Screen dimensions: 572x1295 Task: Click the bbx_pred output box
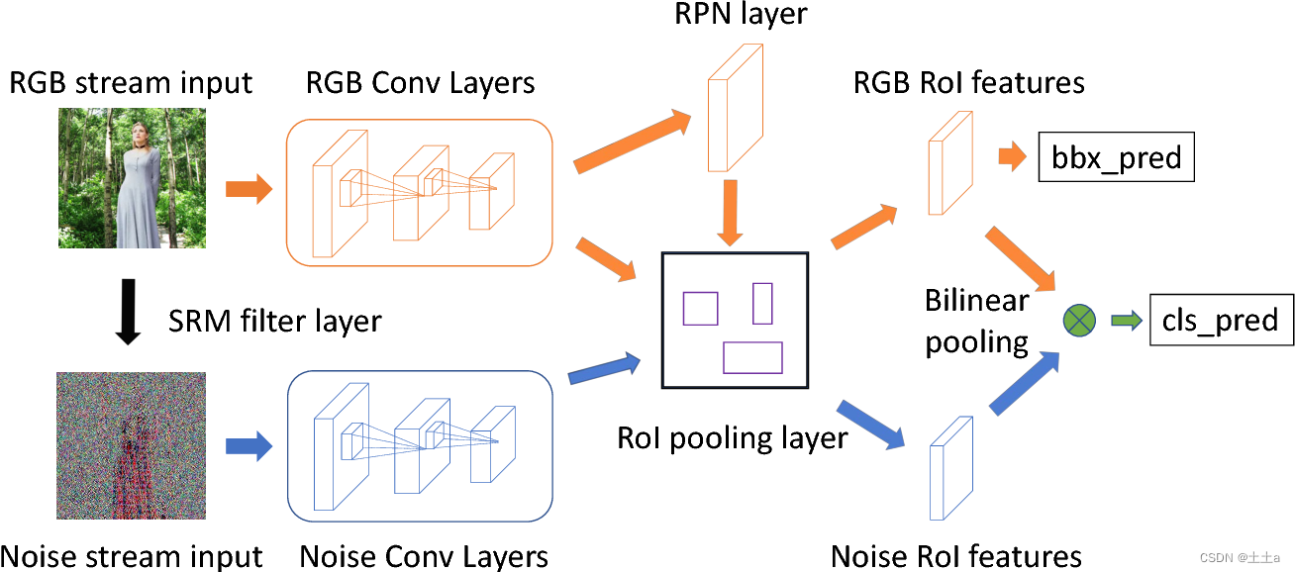[1116, 157]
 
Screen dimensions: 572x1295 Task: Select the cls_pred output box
[1221, 320]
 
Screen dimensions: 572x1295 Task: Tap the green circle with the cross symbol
[1079, 320]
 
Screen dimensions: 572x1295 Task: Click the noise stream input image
[132, 447]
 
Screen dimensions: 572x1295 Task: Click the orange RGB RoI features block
[948, 162]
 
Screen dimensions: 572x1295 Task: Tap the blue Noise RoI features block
[949, 468]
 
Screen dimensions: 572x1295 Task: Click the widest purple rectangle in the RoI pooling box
[752, 357]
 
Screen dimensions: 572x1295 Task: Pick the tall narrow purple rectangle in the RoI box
[761, 303]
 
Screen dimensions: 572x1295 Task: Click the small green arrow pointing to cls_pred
[1126, 320]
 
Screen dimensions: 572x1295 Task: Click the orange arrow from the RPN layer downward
[730, 212]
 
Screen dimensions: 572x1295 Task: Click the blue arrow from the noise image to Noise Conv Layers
[249, 446]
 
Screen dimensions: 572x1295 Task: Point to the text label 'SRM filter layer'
[274, 321]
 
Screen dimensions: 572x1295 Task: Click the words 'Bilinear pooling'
[976, 322]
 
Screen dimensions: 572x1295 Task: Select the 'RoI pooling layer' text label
[732, 437]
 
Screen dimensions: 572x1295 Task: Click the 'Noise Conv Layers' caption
[424, 555]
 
